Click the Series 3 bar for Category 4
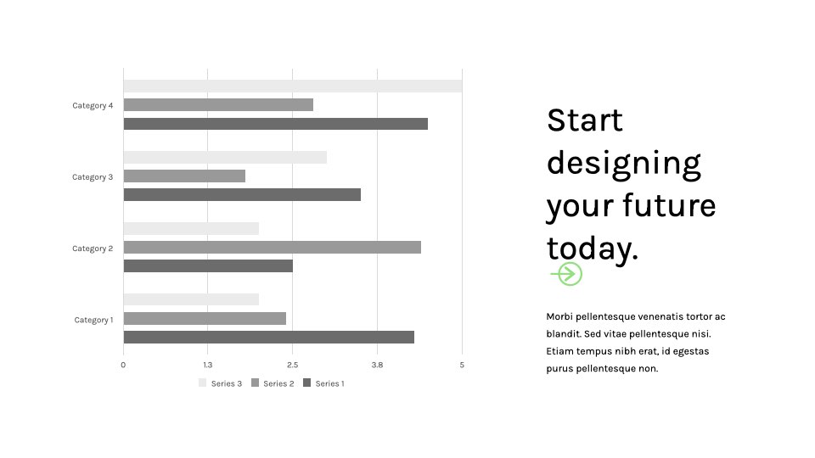tap(293, 87)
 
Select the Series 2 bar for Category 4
tap(218, 105)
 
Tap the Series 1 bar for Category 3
tap(242, 195)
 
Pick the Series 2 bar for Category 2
tap(273, 247)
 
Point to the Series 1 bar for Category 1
tap(269, 337)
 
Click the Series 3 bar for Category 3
tap(225, 158)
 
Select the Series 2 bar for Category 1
tap(205, 318)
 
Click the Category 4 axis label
tap(93, 105)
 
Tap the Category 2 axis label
tap(93, 249)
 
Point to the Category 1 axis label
tap(93, 320)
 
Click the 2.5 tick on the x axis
tap(293, 365)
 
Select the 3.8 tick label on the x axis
tap(377, 365)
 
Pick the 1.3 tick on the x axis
tap(208, 365)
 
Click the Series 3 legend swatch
tap(203, 383)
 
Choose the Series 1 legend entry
tap(323, 383)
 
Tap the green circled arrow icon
tap(566, 274)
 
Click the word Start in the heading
tap(585, 120)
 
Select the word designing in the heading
tap(624, 164)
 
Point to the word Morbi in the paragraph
tap(559, 316)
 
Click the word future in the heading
tap(670, 204)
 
